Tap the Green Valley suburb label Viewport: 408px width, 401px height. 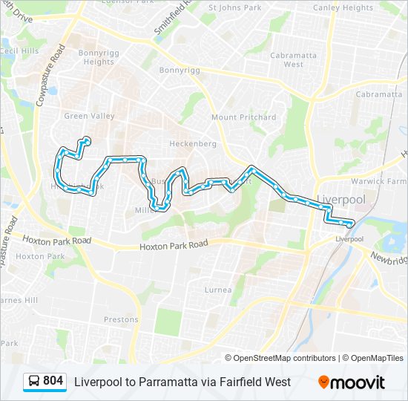(x=89, y=116)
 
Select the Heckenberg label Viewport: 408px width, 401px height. (x=193, y=143)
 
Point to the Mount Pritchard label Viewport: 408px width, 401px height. (x=243, y=117)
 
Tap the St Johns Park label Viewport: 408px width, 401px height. (x=235, y=8)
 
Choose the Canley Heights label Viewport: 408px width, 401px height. (x=343, y=8)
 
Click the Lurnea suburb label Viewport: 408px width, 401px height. (x=217, y=290)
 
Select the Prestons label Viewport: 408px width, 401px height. (x=121, y=320)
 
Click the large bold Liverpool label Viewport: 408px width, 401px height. (x=341, y=200)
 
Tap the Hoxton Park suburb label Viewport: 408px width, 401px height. (x=30, y=256)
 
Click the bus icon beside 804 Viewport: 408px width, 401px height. (x=34, y=382)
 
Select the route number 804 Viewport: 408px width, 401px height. (x=53, y=381)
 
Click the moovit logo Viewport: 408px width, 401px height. (x=352, y=382)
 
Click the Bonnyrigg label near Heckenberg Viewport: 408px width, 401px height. (x=180, y=70)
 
